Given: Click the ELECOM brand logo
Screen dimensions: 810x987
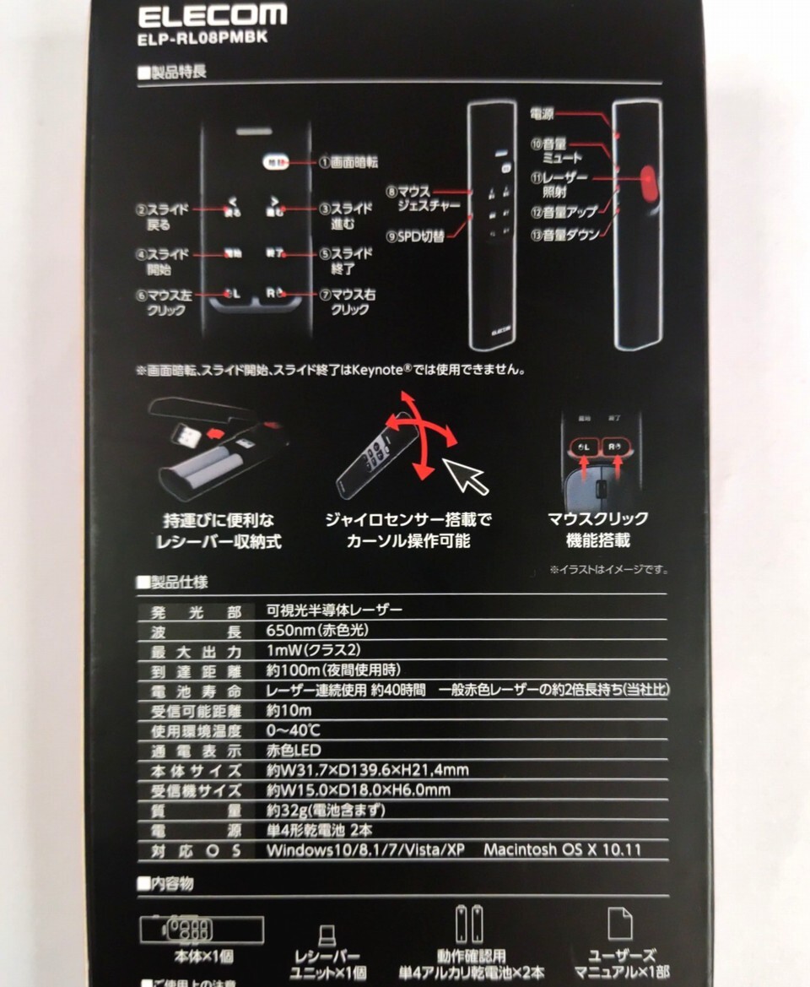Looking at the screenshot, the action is click(x=212, y=15).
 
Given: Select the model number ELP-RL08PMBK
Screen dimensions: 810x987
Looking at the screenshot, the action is click(x=202, y=37).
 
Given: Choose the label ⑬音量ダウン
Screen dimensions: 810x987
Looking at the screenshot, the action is click(x=564, y=235).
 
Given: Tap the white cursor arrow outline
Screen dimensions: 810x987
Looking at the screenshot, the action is click(x=467, y=478).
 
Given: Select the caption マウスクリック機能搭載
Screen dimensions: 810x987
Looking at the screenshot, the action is click(x=597, y=529).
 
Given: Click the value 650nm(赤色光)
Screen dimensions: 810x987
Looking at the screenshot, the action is click(x=317, y=631).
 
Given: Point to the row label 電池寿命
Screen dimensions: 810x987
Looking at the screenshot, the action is click(x=196, y=691).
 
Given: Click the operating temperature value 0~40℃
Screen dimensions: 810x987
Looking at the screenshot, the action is click(x=292, y=729).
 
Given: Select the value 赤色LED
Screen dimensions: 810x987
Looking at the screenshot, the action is click(x=294, y=750).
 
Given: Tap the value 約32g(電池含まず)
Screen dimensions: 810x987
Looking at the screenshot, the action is click(x=326, y=811).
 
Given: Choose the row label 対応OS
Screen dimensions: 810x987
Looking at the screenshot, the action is click(x=196, y=851).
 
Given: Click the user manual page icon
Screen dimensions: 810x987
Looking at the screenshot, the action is click(x=619, y=926).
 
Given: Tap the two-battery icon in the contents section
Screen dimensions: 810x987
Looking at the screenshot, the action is click(x=469, y=925).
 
